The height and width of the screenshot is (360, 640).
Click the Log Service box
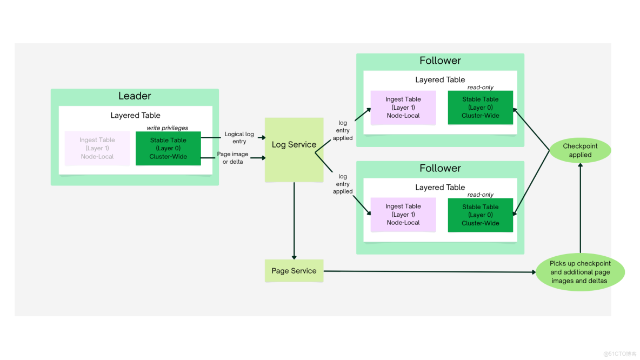point(294,150)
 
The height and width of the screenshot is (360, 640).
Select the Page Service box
point(294,271)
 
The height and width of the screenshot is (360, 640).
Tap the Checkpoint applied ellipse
point(580,150)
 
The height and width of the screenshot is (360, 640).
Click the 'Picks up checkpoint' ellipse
point(580,272)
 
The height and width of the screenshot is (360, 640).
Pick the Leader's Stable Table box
point(168,148)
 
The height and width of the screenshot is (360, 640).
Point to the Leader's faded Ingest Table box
point(97,148)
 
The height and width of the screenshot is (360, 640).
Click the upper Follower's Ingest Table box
point(403,108)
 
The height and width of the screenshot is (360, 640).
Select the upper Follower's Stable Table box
point(480,108)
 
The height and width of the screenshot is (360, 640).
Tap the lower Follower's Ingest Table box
point(403,215)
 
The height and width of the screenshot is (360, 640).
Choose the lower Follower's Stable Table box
point(480,215)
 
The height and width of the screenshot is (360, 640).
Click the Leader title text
point(135,96)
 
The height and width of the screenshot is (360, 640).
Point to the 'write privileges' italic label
point(168,128)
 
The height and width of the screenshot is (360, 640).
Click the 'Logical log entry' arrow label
point(239,138)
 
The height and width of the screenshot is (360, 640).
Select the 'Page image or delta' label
point(232,158)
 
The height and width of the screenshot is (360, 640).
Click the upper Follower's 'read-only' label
point(480,88)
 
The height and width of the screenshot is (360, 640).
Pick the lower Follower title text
point(440,169)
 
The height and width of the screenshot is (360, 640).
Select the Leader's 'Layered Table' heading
point(135,115)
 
